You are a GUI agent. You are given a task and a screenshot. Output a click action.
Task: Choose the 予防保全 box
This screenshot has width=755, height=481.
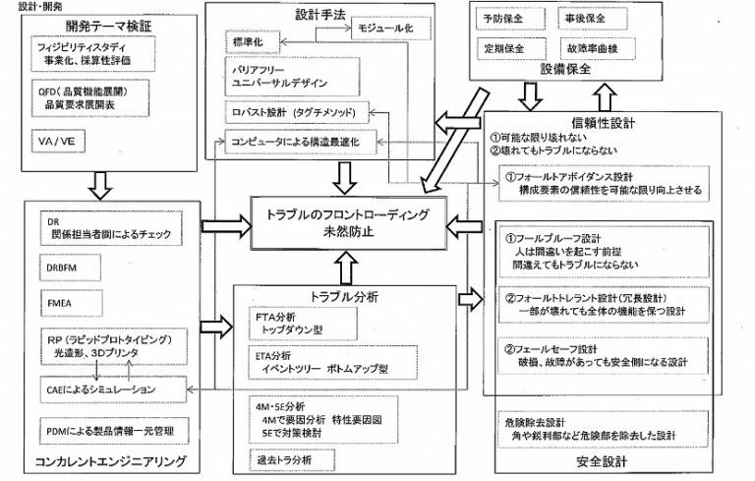504,19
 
